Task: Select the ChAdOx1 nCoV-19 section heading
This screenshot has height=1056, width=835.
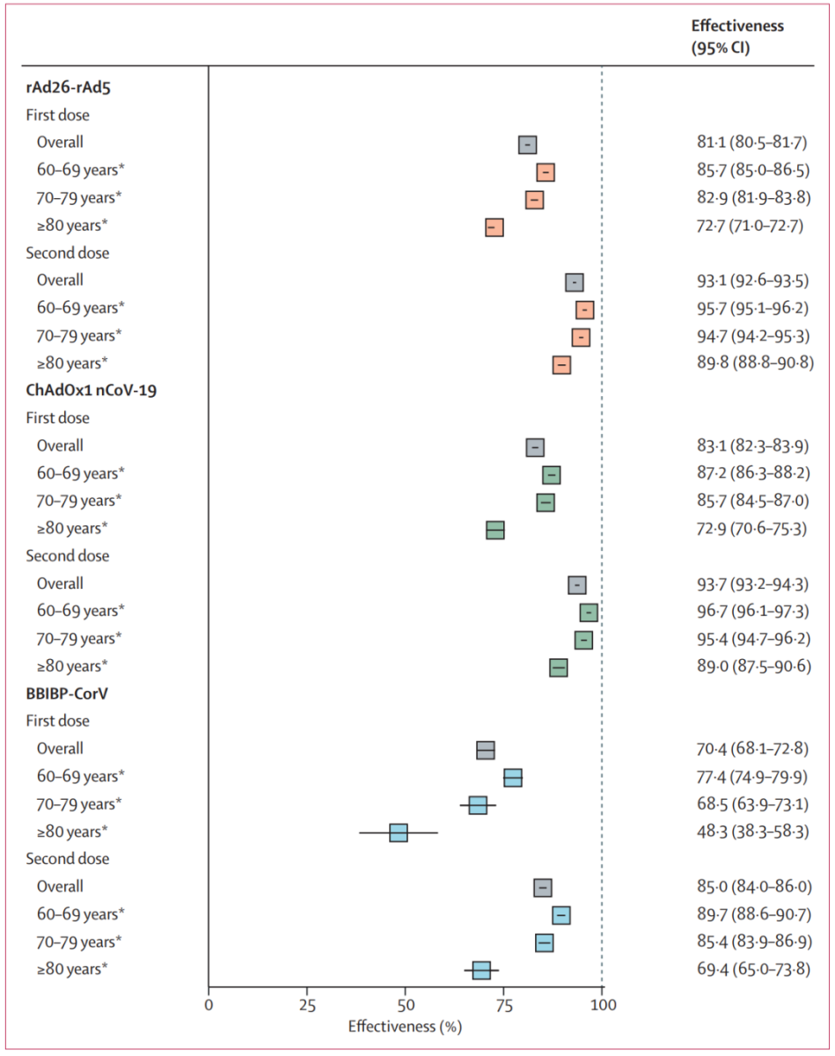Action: coord(92,390)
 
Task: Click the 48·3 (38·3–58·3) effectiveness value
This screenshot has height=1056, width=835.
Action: coord(746,832)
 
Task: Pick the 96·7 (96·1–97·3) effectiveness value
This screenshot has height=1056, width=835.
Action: coord(746,611)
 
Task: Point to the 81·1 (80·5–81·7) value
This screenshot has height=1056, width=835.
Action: coord(746,142)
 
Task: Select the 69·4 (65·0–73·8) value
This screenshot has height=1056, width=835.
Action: coord(746,970)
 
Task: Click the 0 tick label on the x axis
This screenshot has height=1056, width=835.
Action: coord(209,1005)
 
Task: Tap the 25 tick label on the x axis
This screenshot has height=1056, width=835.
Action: coord(307,1005)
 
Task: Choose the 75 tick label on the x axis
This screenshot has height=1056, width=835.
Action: coord(503,1005)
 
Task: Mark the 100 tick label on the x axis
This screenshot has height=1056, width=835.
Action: coord(602,1005)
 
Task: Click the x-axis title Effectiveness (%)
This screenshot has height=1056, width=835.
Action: coord(405,1026)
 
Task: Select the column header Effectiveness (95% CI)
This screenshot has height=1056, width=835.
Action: coord(737,37)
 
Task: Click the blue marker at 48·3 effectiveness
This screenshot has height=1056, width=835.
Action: coord(399,832)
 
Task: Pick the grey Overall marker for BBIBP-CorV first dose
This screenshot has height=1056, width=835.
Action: coord(486,750)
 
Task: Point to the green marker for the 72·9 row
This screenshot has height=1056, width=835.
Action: coord(495,530)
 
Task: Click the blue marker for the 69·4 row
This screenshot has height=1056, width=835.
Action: coord(481,970)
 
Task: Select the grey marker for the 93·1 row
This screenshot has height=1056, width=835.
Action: coord(575,282)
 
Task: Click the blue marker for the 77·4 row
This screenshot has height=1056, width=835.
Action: coord(513,777)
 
